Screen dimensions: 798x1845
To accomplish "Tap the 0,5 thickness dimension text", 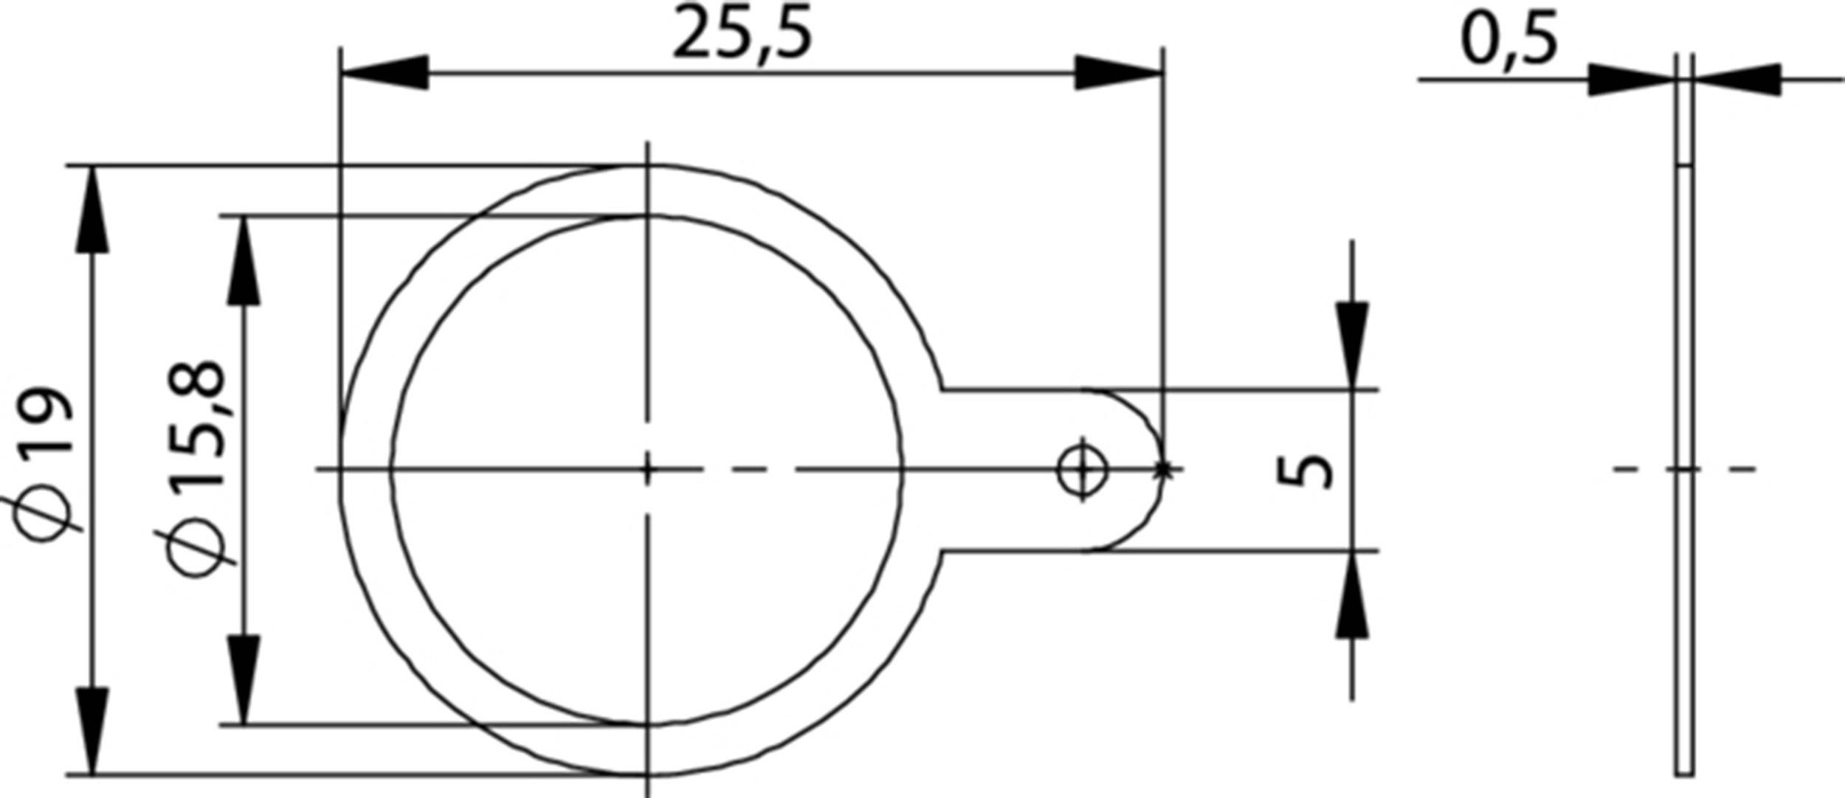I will click(1509, 41).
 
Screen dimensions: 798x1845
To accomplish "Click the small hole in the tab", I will click(1083, 469).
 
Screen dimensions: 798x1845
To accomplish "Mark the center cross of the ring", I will click(647, 469).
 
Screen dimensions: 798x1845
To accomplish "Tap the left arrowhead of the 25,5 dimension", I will click(384, 73).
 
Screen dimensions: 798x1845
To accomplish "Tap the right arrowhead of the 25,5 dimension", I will click(1119, 73).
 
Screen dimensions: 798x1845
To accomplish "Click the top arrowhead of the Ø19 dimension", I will click(92, 209).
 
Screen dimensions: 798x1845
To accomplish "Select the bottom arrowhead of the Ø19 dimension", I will click(92, 731).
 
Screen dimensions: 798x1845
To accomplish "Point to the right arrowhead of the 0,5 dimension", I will click(1737, 80).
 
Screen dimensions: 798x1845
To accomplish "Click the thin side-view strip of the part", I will click(1683, 516).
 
